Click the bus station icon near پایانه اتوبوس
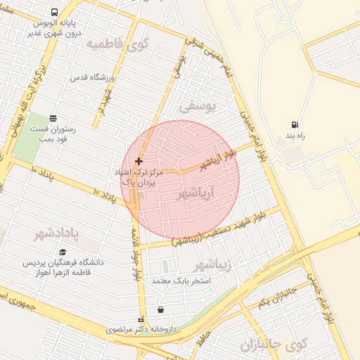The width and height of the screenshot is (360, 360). click(55, 13)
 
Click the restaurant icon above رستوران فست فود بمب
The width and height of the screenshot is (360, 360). click(53, 118)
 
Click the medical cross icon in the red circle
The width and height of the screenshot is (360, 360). click(139, 161)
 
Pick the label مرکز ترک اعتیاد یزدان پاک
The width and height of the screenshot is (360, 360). click(137, 176)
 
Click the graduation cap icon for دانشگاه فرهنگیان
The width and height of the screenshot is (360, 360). click(63, 252)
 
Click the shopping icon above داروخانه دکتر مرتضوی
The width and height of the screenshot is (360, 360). click(161, 310)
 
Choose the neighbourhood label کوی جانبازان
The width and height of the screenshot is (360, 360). click(274, 345)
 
